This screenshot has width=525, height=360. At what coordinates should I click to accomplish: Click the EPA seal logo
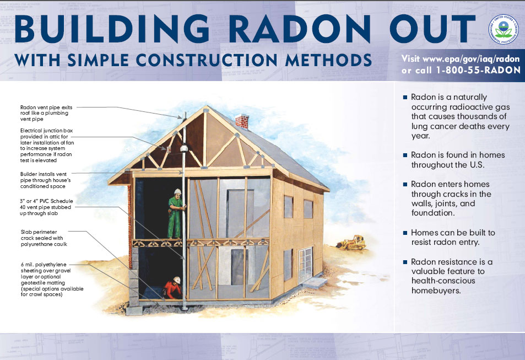(504, 30)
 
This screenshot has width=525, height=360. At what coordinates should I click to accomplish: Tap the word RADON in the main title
(299, 29)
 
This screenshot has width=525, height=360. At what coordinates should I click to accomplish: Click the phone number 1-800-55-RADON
(478, 70)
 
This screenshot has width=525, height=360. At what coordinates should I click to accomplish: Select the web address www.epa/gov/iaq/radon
(471, 59)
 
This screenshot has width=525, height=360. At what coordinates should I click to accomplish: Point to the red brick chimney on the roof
(242, 121)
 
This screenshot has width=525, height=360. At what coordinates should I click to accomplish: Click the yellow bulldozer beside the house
(351, 243)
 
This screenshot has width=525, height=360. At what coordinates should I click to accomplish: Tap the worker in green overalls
(176, 213)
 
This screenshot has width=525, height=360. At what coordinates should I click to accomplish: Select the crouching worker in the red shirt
(173, 288)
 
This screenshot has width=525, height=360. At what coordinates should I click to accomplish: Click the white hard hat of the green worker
(177, 191)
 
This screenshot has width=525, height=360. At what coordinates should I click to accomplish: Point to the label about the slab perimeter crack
(44, 238)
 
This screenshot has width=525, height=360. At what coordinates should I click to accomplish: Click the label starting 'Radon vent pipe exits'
(46, 113)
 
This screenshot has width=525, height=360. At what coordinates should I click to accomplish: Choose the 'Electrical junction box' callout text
(47, 145)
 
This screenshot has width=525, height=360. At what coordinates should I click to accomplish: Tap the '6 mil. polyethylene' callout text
(52, 280)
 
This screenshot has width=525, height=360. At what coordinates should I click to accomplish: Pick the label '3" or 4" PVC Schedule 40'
(46, 207)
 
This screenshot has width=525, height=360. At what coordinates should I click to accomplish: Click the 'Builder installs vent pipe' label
(45, 180)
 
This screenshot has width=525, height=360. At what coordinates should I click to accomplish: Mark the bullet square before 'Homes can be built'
(405, 233)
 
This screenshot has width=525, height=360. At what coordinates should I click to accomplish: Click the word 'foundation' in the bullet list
(433, 213)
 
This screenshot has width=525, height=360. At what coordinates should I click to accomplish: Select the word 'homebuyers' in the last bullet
(436, 291)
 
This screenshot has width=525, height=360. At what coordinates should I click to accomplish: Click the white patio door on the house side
(305, 265)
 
